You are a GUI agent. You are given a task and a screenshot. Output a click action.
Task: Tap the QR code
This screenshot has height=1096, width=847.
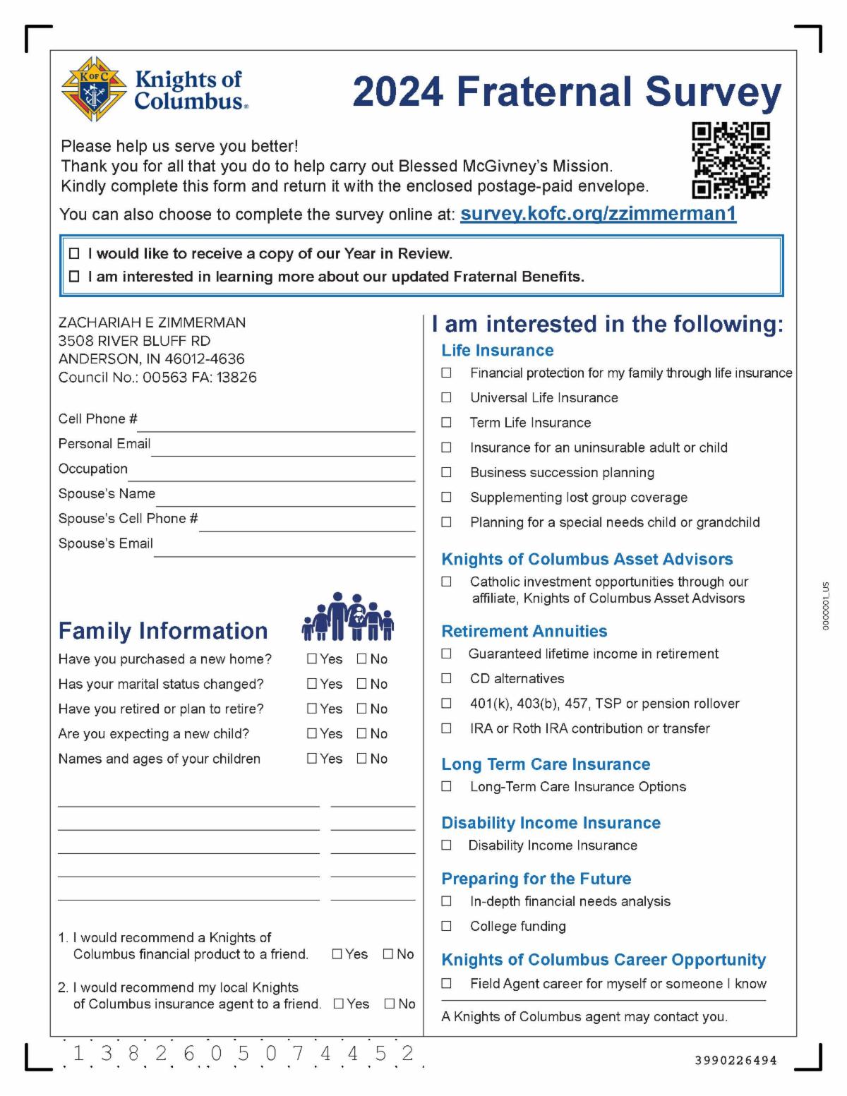731,160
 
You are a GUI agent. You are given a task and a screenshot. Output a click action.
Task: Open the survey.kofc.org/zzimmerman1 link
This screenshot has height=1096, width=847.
598,214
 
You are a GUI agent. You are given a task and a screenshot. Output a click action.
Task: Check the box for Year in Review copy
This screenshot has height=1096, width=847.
74,254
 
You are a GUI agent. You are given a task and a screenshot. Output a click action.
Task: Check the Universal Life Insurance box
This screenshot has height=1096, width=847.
446,398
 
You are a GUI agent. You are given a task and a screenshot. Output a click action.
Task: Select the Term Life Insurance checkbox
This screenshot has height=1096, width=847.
446,423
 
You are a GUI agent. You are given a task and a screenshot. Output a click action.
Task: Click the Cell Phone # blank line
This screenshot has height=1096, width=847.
275,423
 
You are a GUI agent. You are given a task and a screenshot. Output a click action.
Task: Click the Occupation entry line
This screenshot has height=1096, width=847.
272,474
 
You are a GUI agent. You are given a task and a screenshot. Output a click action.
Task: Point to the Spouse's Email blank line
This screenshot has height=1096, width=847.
284,548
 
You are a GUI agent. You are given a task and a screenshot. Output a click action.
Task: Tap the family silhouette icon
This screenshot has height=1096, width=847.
347,617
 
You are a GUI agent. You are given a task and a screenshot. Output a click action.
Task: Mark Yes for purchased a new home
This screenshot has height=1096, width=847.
312,659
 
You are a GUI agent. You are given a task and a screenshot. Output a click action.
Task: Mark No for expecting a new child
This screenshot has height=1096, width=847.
362,734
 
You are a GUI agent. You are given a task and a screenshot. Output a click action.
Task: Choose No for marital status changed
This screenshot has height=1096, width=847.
362,684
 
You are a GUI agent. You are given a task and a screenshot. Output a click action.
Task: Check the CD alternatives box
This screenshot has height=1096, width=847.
446,679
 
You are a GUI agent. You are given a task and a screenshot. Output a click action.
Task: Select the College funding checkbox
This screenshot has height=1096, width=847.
446,926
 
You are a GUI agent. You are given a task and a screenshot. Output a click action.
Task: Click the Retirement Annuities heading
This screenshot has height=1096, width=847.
524,631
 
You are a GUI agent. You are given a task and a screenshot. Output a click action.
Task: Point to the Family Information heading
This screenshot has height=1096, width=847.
163,630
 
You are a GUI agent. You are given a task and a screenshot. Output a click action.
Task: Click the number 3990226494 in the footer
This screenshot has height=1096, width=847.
735,1060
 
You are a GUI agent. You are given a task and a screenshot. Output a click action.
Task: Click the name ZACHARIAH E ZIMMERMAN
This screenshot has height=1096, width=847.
152,323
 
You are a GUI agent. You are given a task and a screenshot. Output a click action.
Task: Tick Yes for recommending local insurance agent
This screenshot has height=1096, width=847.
339,1004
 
